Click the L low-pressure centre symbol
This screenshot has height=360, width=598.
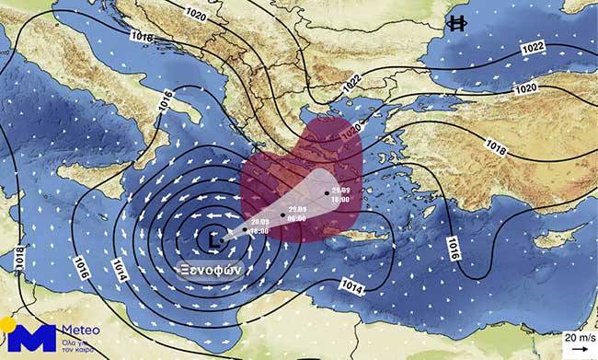(213, 238)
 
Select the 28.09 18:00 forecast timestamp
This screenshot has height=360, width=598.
(258, 226)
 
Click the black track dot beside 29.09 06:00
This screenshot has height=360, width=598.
(282, 214)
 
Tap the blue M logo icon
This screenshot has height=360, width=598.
(32, 335)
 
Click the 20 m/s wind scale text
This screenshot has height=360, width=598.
(578, 337)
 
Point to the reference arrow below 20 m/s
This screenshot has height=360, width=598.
(579, 350)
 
